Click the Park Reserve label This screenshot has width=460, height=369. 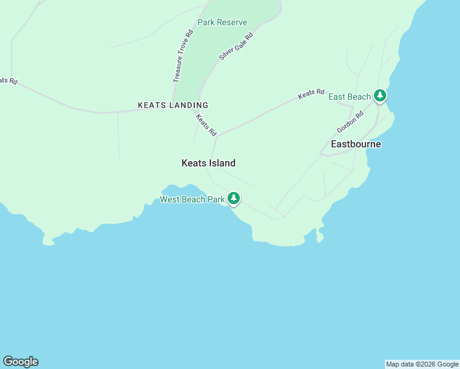pos(222,23)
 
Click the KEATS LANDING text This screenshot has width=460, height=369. pos(173,105)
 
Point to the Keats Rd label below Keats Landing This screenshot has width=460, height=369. pos(206,125)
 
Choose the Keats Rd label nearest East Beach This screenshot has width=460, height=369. pos(311,94)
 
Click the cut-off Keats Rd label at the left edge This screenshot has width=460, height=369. pos(8,81)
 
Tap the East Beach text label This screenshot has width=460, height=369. pos(349,97)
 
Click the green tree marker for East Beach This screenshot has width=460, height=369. pos(381,96)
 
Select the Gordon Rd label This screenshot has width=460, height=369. pos(351,122)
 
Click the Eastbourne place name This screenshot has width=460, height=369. pos(355,144)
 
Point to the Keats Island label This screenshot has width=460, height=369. pos(208,163)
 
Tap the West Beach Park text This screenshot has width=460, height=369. pos(192,199)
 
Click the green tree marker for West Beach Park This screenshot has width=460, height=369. pos(233,198)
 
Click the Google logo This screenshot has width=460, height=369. pos(20,362)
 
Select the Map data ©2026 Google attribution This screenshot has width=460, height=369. pos(422,364)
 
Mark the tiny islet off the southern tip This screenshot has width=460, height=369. pos(319,236)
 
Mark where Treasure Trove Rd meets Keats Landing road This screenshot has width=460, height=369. pos(173,106)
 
